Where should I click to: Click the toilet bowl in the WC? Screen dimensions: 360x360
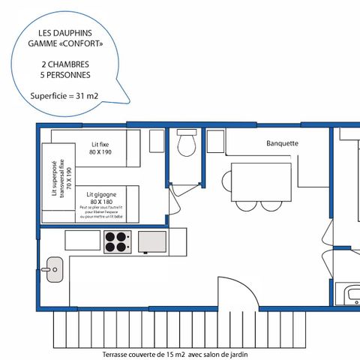click(x=186, y=143)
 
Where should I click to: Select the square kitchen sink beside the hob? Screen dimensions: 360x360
click(x=152, y=241)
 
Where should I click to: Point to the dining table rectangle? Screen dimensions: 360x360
click(x=260, y=180)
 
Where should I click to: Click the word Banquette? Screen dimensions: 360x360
click(x=283, y=143)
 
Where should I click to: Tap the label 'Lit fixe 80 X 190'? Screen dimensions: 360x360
click(x=100, y=147)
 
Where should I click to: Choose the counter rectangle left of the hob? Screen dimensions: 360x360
click(x=82, y=241)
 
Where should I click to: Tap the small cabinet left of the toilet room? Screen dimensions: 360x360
click(x=157, y=141)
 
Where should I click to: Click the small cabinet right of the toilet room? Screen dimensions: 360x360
click(x=215, y=141)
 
